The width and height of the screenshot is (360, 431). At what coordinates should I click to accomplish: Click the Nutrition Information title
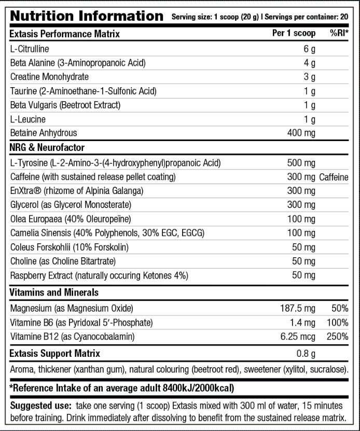point(87,16)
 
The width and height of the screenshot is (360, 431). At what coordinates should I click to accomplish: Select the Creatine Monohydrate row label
point(49,77)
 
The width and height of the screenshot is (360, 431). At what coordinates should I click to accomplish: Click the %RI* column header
point(339,34)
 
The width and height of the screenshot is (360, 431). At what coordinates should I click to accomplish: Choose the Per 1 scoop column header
point(294,34)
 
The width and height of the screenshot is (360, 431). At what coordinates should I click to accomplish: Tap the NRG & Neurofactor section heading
point(47,148)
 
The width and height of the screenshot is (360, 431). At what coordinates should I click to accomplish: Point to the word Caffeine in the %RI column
point(334,177)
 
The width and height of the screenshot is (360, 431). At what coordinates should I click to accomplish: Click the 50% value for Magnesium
point(339,309)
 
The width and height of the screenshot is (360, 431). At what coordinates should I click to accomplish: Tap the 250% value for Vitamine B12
point(337,337)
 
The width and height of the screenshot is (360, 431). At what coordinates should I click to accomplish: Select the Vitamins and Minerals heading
point(54,293)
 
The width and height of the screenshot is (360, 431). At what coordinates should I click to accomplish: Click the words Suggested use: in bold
point(41,406)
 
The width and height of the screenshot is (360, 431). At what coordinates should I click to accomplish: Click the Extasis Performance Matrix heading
point(65,34)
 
